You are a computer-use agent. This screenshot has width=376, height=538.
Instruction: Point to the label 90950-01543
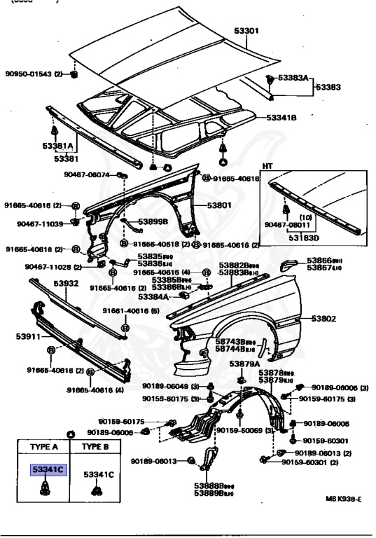pos(29,74)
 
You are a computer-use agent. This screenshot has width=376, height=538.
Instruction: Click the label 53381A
pos(57,146)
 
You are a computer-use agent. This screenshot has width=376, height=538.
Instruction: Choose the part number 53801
pos(219,206)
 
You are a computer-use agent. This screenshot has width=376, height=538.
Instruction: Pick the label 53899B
pos(153,222)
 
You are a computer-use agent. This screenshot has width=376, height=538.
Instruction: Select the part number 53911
pos(23,337)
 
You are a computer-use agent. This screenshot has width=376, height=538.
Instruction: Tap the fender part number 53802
pos(324,319)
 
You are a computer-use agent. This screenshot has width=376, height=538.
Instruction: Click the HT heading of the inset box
pos(267,167)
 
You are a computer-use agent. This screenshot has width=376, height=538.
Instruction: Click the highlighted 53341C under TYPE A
pos(47,470)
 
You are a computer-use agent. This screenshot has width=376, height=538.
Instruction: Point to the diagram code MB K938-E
pos(343,499)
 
